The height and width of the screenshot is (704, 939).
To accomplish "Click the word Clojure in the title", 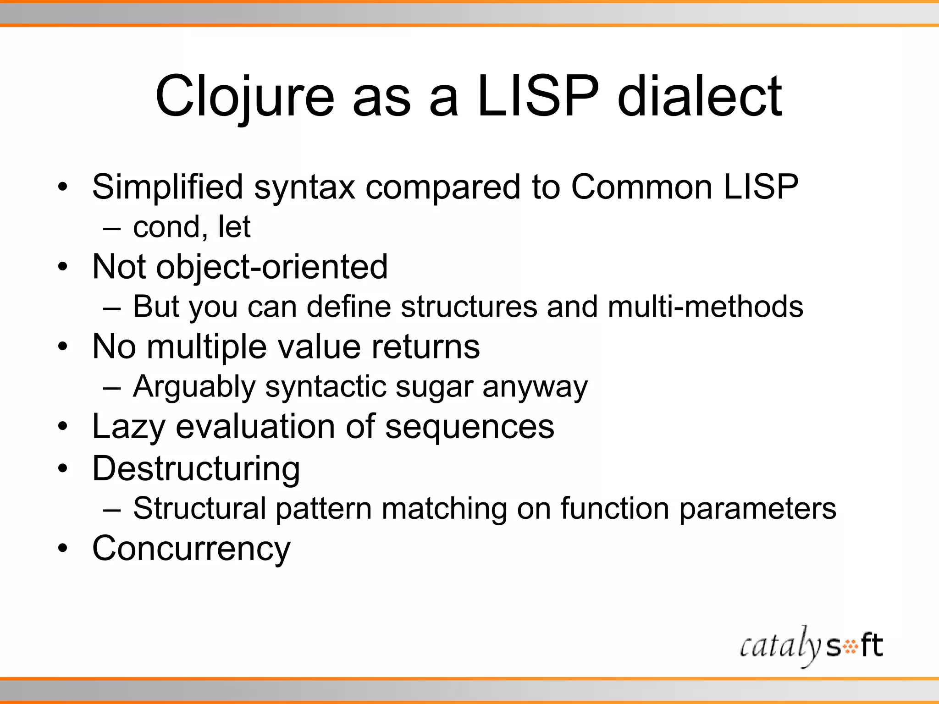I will coord(245,97).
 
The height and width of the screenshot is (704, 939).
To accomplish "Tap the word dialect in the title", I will coord(700,97).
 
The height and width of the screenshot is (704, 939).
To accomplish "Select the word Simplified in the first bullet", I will coord(167,187).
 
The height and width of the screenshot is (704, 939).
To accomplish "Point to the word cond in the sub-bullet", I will coord(167,227).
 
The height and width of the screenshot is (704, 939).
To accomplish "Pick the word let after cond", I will coord(234,227).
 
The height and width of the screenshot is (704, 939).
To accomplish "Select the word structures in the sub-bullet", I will coord(469,306).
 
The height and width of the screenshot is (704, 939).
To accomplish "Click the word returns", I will coord(425,346).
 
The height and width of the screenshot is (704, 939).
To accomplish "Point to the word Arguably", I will coord(194,387).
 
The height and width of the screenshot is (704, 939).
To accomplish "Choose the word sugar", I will coord(434,387).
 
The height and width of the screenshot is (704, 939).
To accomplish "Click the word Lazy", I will coord(128,427).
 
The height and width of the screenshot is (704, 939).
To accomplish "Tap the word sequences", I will coord(469,427).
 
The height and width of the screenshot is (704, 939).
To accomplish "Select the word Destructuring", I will coord(196,468).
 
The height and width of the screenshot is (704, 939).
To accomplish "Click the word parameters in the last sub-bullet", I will coord(757,508).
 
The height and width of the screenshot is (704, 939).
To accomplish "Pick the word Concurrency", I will coord(191,548).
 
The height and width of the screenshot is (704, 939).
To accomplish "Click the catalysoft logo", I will coord(811,646).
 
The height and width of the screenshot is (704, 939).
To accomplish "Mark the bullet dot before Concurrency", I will coord(63,548).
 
